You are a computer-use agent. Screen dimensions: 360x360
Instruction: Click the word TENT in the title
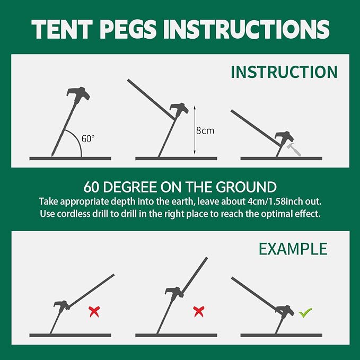pos(62,29)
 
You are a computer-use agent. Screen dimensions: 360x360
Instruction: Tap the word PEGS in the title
pos(128,29)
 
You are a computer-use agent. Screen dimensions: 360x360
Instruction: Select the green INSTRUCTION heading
pos(284,72)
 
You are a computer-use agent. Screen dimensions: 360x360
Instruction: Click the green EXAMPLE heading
pos(293,249)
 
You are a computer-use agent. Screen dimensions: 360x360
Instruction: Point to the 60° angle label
pos(88,139)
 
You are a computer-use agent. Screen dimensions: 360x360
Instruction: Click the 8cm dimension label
pos(205,130)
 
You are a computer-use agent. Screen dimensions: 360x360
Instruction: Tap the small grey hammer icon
pos(294,149)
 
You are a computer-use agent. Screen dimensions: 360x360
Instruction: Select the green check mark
pos(305,312)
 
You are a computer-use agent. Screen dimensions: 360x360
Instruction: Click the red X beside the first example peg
pos(94,312)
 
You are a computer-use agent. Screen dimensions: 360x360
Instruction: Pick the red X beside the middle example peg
pos(199,312)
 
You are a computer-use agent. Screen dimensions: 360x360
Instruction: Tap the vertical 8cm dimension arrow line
pos(195,130)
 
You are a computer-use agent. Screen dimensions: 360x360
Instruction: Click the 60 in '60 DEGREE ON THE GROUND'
pos(91,187)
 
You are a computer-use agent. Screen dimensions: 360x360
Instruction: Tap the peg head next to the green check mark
pos(285,310)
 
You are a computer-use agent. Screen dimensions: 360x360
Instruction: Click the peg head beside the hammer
pos(284,137)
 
